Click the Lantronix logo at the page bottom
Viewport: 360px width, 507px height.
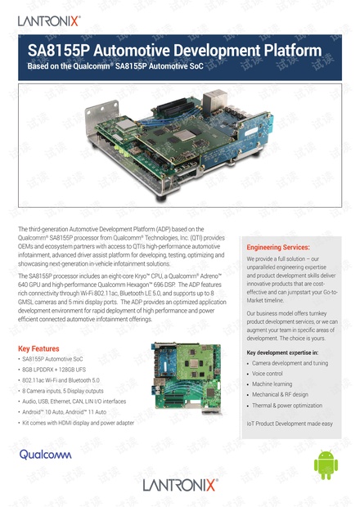point(180,485)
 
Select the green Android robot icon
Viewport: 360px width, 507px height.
point(326,465)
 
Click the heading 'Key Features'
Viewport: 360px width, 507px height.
point(40,348)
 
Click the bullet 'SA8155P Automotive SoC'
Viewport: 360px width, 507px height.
point(56,359)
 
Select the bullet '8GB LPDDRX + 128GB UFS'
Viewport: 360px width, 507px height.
point(58,370)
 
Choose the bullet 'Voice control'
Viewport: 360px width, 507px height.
point(274,373)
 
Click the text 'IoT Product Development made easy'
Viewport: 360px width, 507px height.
point(290,423)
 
